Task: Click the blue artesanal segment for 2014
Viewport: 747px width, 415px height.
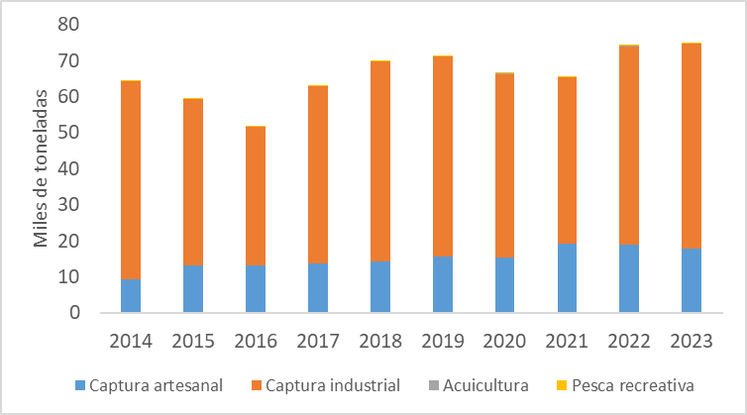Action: [x=131, y=295]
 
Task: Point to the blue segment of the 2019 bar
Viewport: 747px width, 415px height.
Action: [x=437, y=284]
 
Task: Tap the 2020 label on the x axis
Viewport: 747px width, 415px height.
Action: [x=504, y=341]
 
